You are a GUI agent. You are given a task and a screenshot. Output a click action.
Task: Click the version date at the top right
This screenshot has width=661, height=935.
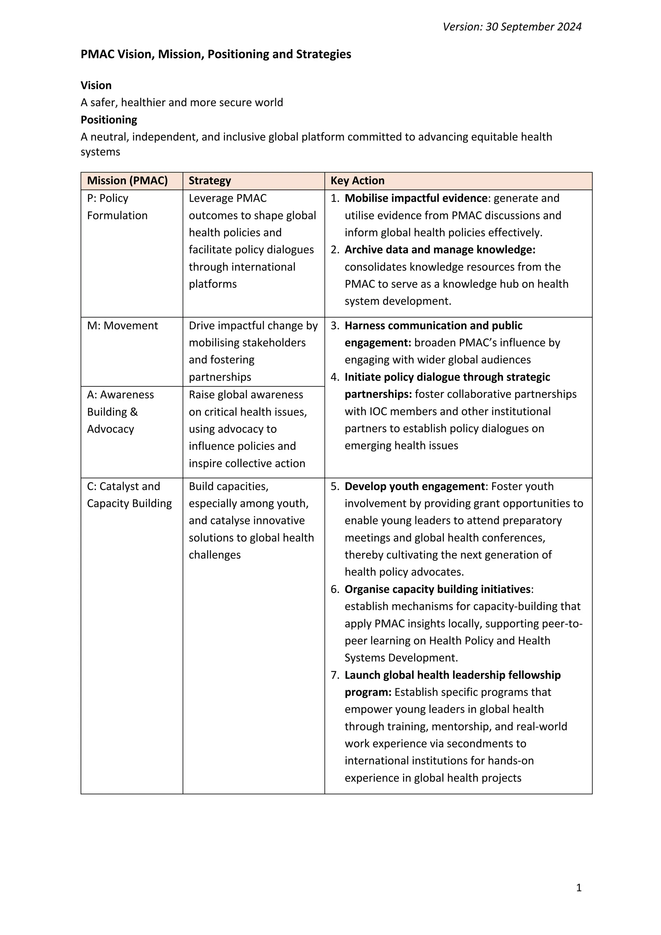click(512, 27)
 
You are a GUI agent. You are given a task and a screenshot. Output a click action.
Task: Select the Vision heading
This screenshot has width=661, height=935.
click(96, 85)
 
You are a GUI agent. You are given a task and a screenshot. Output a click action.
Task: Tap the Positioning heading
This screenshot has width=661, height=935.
click(109, 120)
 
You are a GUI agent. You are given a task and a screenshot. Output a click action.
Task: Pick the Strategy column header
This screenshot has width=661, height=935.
click(209, 180)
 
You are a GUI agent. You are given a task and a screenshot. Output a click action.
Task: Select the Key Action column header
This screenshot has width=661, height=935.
click(357, 180)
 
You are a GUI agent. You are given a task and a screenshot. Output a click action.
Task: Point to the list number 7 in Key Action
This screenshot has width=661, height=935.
click(335, 675)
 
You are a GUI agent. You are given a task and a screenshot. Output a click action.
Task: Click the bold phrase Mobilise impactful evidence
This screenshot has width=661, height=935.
click(416, 198)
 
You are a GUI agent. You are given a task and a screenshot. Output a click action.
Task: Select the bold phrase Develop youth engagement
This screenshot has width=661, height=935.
click(414, 486)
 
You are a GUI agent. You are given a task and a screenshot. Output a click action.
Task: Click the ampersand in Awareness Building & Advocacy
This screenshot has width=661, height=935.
click(134, 412)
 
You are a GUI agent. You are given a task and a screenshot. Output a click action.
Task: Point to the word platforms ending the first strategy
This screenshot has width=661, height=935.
click(212, 284)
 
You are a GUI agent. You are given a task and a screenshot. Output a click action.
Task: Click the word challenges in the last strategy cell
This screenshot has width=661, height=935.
click(215, 555)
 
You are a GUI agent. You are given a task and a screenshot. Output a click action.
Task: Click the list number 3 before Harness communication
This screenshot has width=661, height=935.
click(335, 325)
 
